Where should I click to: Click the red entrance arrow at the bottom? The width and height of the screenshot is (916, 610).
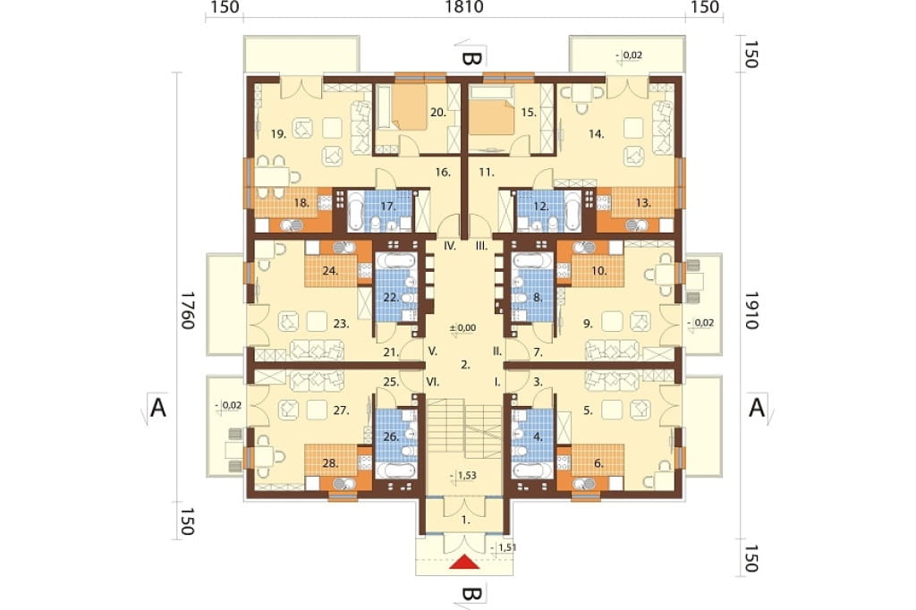(x=465, y=562)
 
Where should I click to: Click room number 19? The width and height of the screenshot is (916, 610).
(x=279, y=134)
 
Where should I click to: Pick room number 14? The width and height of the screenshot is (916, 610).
(x=596, y=134)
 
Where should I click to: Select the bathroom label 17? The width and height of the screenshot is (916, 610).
(x=388, y=206)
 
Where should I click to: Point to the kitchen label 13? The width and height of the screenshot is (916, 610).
(x=643, y=203)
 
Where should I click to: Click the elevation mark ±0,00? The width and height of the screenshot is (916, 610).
(x=462, y=328)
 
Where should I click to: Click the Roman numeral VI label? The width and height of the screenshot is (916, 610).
(x=432, y=382)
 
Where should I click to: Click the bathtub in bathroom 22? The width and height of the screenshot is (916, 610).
(x=394, y=260)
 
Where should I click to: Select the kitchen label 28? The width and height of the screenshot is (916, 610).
(x=330, y=463)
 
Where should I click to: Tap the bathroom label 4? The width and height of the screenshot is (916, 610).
(x=538, y=436)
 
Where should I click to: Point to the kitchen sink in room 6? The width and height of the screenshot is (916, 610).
(x=584, y=483)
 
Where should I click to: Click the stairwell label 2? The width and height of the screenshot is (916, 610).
(x=465, y=365)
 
